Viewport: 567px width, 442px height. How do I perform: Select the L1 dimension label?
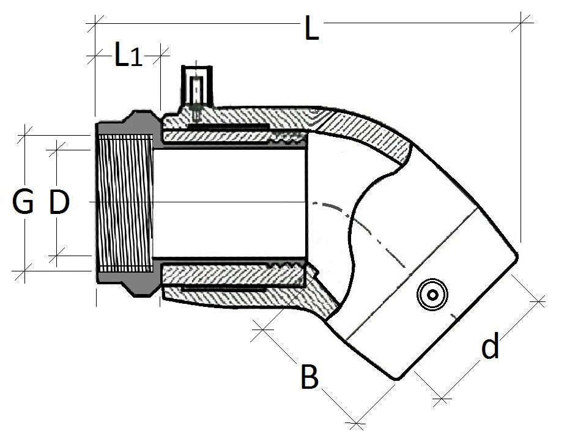[128, 56]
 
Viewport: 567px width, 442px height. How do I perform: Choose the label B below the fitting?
[309, 377]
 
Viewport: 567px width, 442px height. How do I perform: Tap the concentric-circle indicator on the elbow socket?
[432, 295]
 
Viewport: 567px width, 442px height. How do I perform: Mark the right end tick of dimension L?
[521, 24]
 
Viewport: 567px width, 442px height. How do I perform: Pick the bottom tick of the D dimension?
[59, 256]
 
